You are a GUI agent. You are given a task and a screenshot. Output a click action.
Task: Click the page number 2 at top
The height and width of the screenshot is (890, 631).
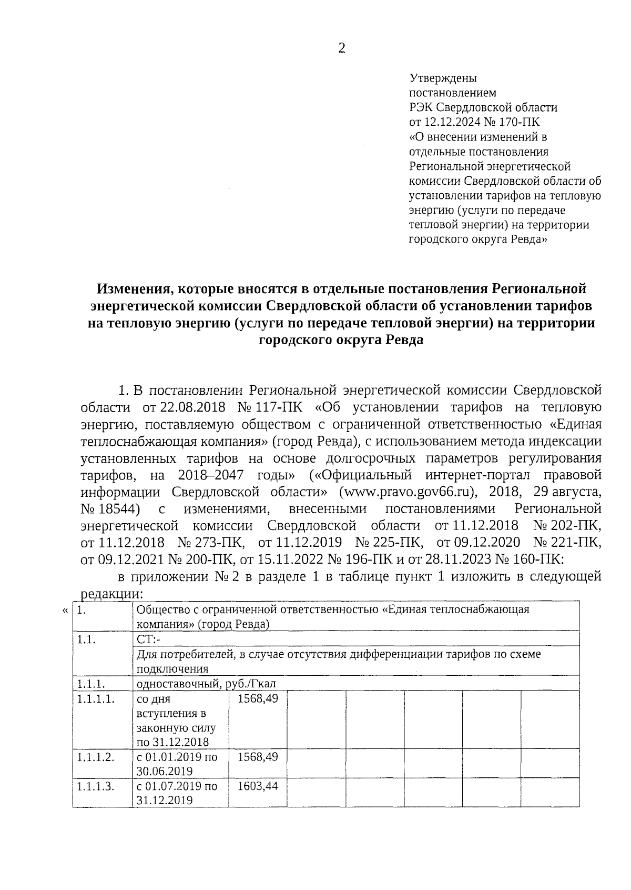(x=341, y=49)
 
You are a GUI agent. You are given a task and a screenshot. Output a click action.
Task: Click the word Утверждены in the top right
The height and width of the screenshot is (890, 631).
(x=443, y=79)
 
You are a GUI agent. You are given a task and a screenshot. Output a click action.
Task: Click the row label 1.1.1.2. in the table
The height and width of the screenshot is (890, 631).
(x=95, y=757)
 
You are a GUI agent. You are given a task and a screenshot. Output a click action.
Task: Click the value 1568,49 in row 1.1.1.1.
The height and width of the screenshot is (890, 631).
(x=258, y=699)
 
